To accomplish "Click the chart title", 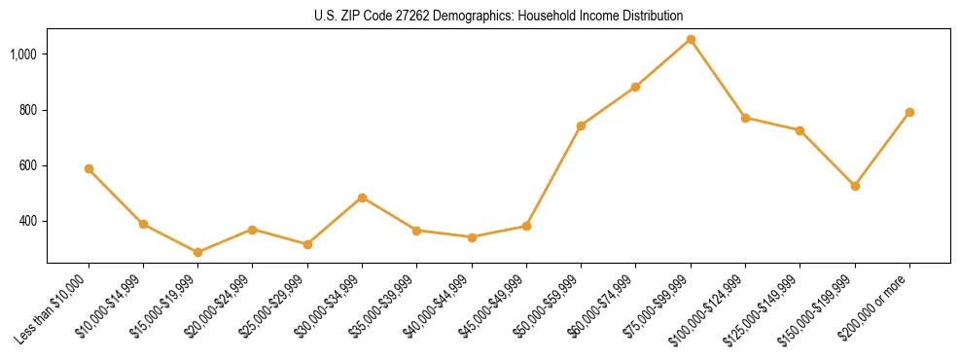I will coord(498,16).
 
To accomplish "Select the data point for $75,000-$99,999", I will coord(691,40).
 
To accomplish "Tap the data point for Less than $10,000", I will coord(89,168).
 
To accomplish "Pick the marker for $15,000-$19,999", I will coord(197,252).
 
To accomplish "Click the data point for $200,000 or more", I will coord(909,112).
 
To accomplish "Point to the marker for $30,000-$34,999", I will coord(362,198).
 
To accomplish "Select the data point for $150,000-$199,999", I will coord(855,186).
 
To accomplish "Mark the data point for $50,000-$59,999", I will coord(581,126).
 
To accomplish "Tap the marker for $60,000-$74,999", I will coord(635,87).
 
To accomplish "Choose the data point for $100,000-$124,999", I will coord(745,118).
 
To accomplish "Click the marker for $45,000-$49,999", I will coord(526,226).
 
